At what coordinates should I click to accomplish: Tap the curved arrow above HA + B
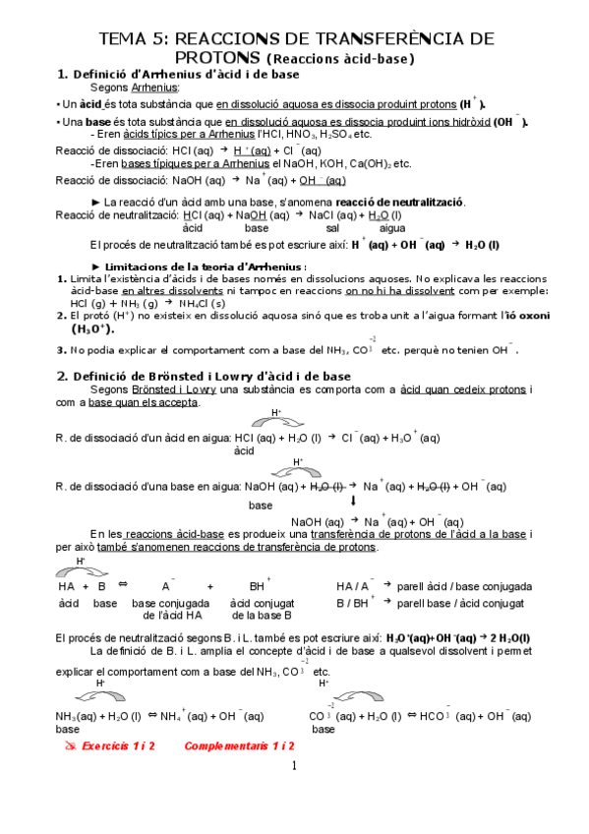pos(76,568)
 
